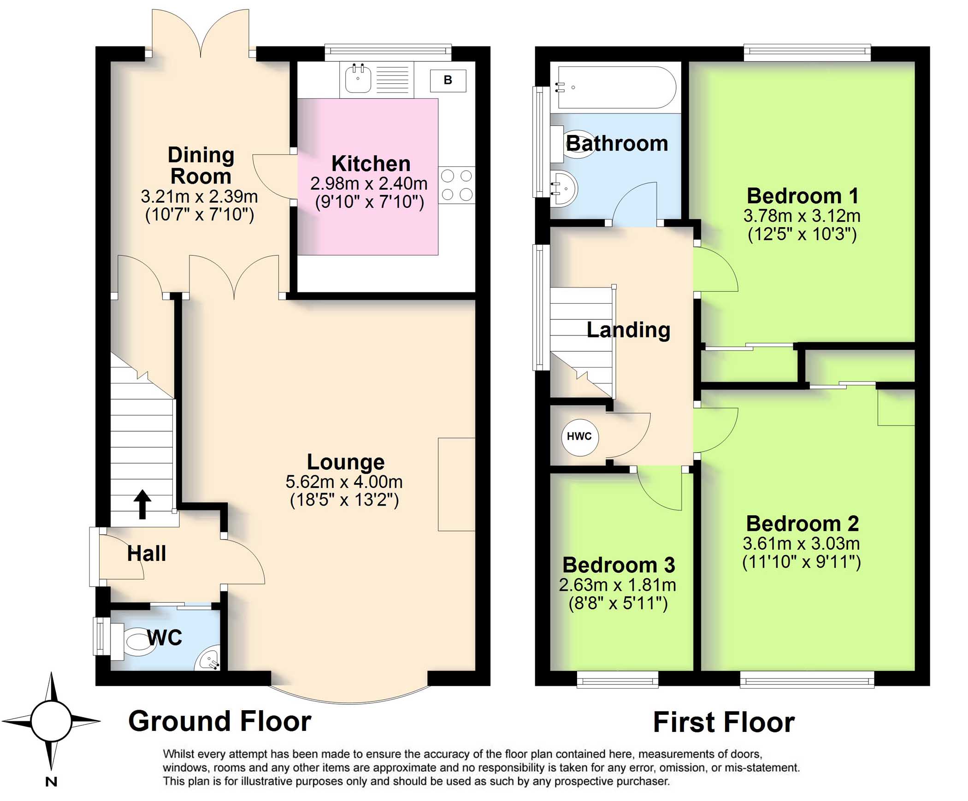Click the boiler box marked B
point(448,80)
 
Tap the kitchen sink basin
point(358,78)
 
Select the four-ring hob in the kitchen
point(456,185)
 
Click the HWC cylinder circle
point(579,436)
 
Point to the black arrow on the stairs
point(142,504)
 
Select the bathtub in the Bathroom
point(617,87)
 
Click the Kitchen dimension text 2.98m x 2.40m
point(369,183)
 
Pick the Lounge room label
point(345,462)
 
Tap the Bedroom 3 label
point(618,565)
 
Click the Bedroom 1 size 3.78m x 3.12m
point(802,216)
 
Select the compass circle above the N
point(51,721)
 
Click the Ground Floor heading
point(219,721)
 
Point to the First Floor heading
point(724,722)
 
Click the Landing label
point(628,330)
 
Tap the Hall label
point(146,553)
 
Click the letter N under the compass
point(51,782)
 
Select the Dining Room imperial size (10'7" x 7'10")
point(199,215)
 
